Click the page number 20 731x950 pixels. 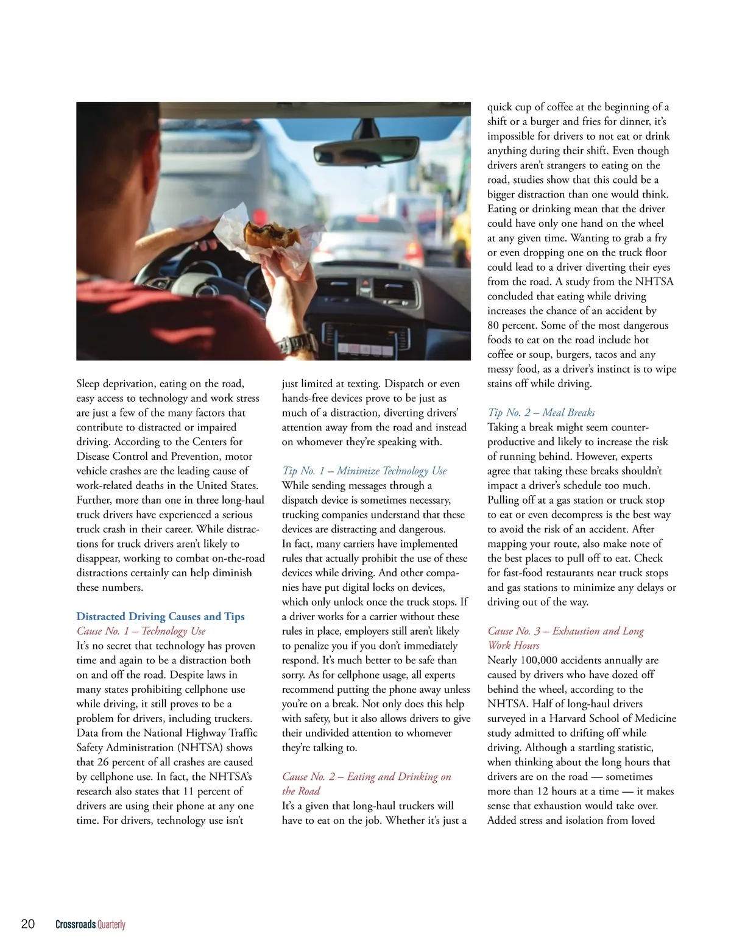point(28,924)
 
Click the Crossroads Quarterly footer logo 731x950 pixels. point(90,924)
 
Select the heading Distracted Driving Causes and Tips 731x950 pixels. point(160,616)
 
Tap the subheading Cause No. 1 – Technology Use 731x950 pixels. point(141,631)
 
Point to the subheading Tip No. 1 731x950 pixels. point(364,471)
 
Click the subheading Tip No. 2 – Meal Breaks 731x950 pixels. point(541,413)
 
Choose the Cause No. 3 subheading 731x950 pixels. point(565,638)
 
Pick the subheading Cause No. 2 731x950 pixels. point(366,784)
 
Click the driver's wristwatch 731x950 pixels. point(298,344)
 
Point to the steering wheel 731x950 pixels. point(183,268)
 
